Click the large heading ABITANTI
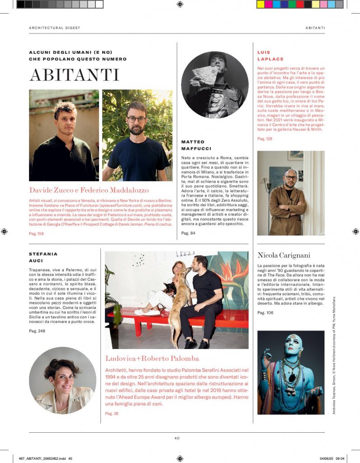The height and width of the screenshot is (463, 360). [x=74, y=75]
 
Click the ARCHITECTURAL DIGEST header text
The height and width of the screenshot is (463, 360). [x=54, y=28]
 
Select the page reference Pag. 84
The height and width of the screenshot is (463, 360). [x=188, y=233]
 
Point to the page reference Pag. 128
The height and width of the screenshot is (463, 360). [x=265, y=139]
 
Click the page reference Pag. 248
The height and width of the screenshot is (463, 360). [x=37, y=331]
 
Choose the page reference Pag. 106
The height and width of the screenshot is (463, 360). [x=265, y=312]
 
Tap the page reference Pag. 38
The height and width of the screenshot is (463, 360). [x=112, y=413]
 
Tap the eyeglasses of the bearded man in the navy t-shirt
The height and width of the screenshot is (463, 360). [x=136, y=120]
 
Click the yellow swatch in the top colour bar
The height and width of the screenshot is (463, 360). [x=261, y=5]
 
